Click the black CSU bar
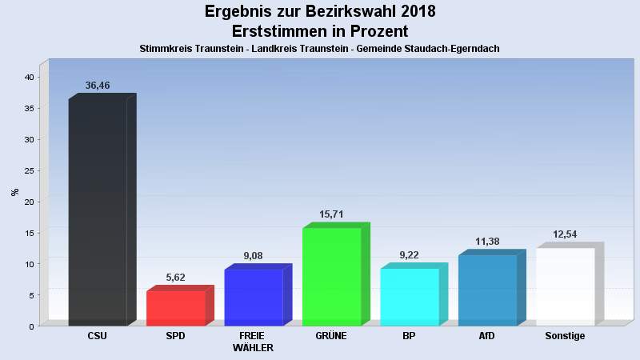[x=98, y=212]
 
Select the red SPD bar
[x=175, y=308]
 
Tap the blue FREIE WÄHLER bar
[x=254, y=297]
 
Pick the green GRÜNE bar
[x=331, y=277]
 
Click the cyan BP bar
[x=410, y=297]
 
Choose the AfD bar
[x=487, y=290]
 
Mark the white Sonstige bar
[x=565, y=286]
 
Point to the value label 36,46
[x=98, y=85]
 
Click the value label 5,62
[x=175, y=278]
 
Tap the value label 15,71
[x=331, y=214]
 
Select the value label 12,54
[x=565, y=234]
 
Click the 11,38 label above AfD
[x=487, y=242]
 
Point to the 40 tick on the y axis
[x=28, y=77]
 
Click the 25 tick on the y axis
[x=28, y=170]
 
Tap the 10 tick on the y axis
[x=28, y=264]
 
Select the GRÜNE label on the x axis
[x=331, y=336]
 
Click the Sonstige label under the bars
[x=565, y=336]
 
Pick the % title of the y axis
[x=14, y=192]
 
